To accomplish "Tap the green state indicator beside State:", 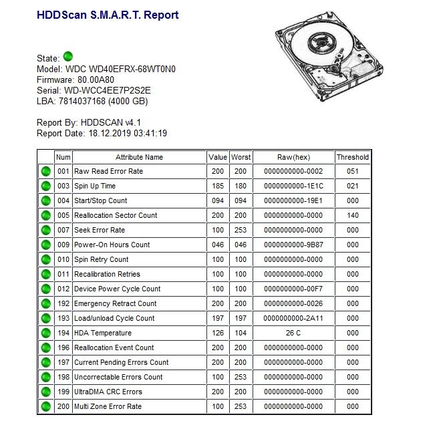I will [67, 57].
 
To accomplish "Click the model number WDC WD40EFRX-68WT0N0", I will [120, 69].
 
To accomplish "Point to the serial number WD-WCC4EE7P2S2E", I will [117, 90].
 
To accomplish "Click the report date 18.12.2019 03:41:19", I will [128, 133].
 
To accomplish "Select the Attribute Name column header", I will [139, 157].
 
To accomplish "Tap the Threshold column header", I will [352, 157].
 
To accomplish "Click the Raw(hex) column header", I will [294, 157].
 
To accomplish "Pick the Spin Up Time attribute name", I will [95, 186].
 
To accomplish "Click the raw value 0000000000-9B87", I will [294, 245].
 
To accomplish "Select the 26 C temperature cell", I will [294, 333].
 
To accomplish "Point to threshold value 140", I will [352, 215].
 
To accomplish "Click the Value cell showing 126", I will [218, 333].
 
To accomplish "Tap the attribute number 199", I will [63, 392].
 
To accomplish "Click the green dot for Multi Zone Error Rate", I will [45, 406].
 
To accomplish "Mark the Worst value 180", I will [241, 186].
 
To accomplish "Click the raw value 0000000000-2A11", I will [294, 318].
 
